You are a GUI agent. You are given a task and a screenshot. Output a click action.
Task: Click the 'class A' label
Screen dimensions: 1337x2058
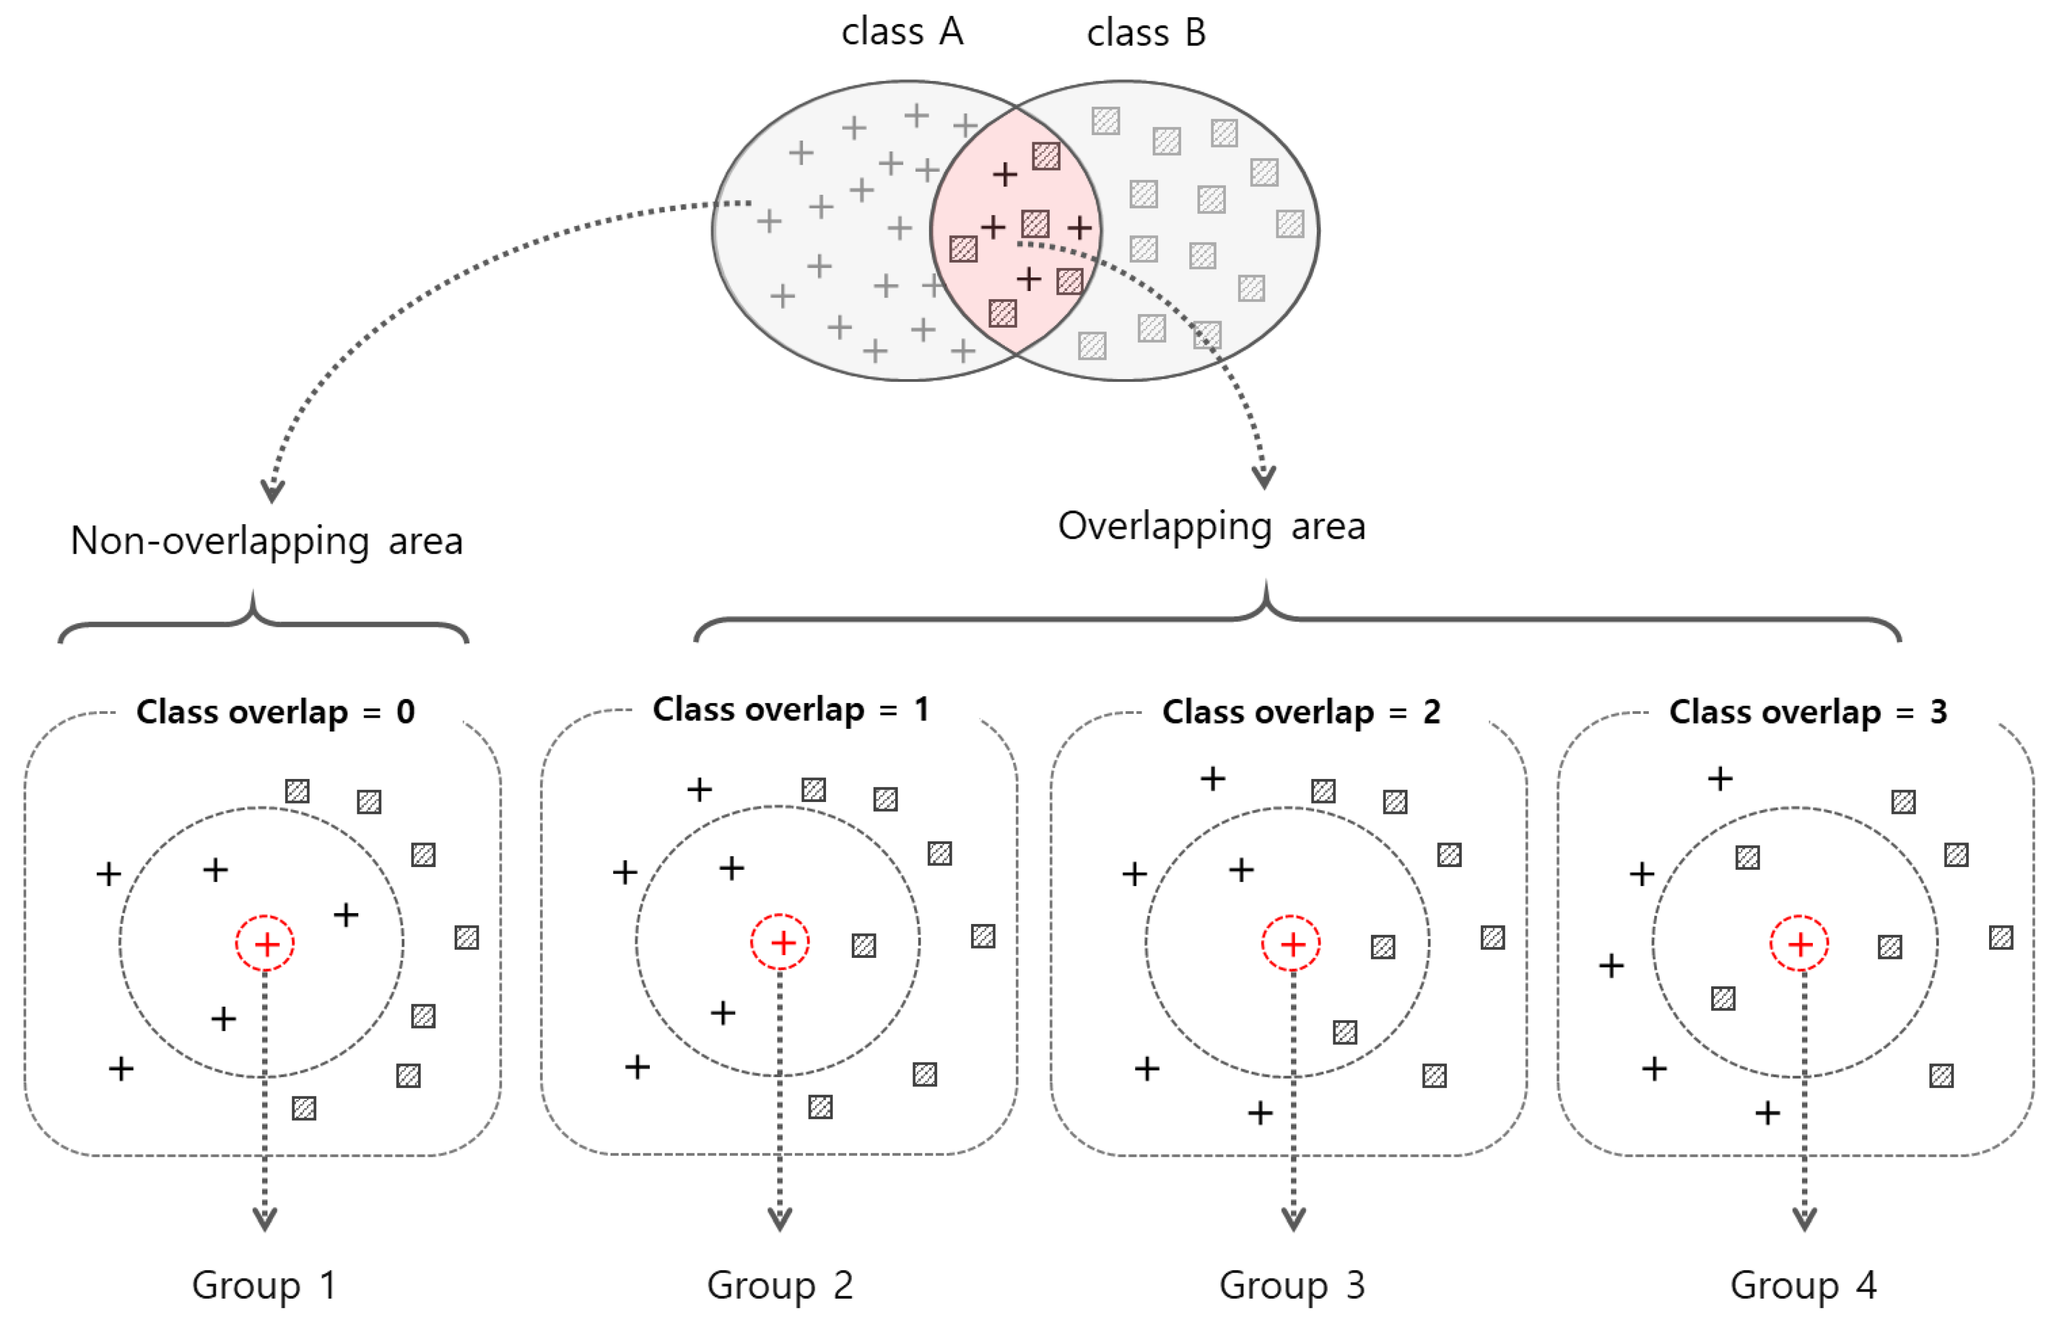tap(902, 33)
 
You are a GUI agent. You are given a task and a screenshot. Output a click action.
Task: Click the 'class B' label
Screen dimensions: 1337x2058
tap(1146, 33)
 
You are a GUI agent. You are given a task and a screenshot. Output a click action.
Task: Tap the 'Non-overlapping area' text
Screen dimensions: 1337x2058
tap(266, 542)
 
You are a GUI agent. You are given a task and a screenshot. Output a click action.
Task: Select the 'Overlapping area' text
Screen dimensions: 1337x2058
tap(1212, 526)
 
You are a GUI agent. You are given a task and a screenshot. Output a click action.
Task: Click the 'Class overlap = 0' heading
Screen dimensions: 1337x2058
tap(275, 712)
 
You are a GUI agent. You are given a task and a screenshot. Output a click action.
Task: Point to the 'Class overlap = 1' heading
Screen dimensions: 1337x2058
tap(790, 709)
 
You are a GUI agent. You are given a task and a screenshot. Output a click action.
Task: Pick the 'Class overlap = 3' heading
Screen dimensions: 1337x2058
tap(1807, 712)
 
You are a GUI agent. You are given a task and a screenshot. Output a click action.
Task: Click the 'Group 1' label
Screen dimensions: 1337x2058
tap(264, 1285)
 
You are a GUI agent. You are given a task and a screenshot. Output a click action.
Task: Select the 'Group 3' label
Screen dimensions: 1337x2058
tap(1292, 1285)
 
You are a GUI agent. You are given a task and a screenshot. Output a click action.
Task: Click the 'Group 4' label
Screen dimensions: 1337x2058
tap(1803, 1285)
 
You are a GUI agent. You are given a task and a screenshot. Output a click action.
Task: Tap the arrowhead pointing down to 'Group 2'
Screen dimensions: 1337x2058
tap(780, 1219)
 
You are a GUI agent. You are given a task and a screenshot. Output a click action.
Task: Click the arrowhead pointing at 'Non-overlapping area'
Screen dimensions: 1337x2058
tap(272, 490)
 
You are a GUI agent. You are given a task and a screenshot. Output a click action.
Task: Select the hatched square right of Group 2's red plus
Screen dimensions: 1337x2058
tap(864, 945)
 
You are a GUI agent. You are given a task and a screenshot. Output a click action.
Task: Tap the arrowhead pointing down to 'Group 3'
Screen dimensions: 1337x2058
tap(1293, 1219)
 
